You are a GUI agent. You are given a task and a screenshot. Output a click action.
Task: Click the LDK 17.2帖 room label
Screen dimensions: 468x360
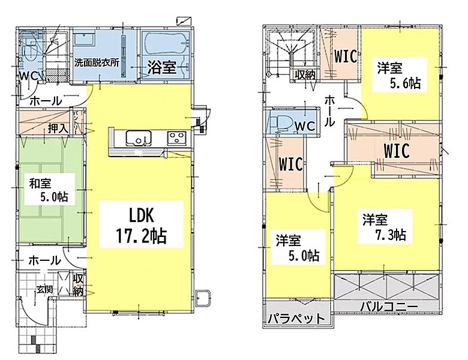click(x=141, y=225)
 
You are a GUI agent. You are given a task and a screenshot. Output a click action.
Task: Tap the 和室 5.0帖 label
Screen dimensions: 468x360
click(x=49, y=190)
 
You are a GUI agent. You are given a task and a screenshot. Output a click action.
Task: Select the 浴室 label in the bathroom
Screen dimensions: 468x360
click(x=162, y=68)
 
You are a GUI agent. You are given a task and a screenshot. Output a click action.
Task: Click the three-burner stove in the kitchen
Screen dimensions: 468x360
click(x=177, y=137)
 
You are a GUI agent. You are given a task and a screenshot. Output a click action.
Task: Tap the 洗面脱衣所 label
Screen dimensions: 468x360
click(x=97, y=63)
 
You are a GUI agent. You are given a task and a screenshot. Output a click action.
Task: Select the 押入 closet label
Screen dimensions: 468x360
click(x=59, y=128)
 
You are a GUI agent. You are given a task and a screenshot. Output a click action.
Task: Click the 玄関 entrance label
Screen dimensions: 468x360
click(x=45, y=289)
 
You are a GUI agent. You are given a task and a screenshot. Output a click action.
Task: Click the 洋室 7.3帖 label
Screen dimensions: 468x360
click(x=385, y=227)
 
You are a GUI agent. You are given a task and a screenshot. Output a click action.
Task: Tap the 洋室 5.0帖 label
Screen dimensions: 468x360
click(x=297, y=248)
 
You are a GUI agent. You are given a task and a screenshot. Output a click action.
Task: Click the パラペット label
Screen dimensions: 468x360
click(x=296, y=319)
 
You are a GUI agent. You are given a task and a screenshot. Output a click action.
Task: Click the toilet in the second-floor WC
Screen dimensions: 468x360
click(x=278, y=122)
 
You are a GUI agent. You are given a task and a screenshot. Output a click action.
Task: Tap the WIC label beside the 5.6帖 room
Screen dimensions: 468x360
click(x=346, y=56)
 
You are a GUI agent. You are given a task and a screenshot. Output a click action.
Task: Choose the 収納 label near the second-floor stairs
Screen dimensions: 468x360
click(x=305, y=74)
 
